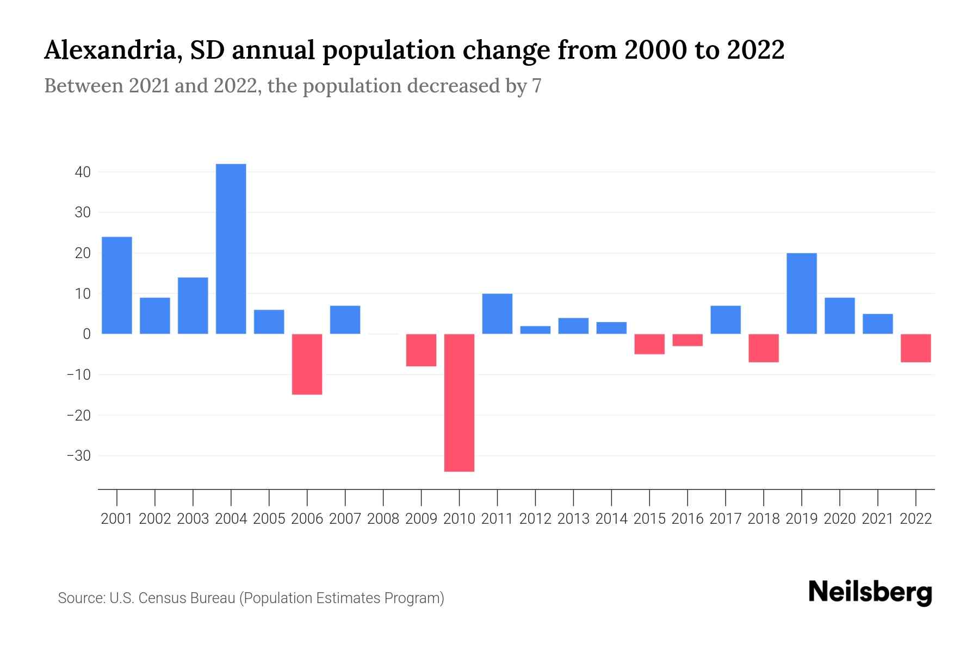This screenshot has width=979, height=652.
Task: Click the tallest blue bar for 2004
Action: (x=231, y=249)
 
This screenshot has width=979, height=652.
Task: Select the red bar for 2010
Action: (x=459, y=402)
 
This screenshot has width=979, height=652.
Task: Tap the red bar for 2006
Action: (x=307, y=364)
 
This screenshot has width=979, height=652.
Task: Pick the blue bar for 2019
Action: (x=801, y=293)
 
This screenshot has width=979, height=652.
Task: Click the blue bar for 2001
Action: (x=117, y=285)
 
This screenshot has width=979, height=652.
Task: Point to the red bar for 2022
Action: (x=915, y=348)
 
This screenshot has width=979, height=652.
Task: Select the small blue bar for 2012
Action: (x=535, y=330)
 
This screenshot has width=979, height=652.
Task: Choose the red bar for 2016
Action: (x=687, y=340)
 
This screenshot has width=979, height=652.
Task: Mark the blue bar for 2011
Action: (x=497, y=314)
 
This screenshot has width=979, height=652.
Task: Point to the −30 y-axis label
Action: (x=78, y=456)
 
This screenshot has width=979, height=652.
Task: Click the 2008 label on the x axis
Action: (x=383, y=519)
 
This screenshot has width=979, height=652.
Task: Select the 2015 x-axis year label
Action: (x=649, y=519)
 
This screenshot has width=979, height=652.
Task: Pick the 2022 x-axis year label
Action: (x=915, y=519)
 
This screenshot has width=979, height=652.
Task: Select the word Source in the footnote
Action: (x=81, y=598)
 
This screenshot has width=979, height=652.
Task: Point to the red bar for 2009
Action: (x=421, y=350)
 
